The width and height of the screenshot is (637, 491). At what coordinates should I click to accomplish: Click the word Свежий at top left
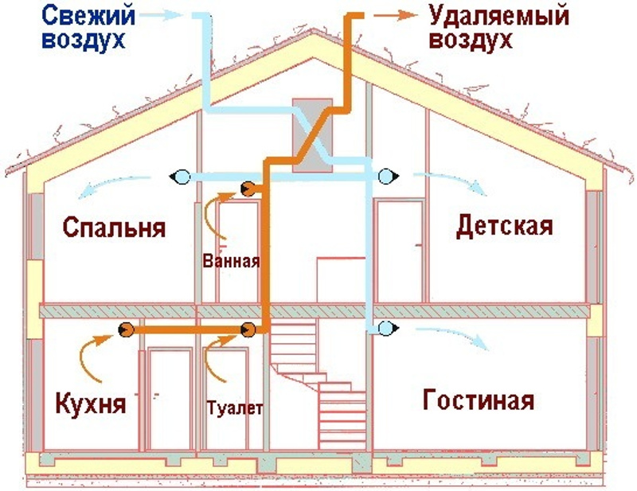click(88, 16)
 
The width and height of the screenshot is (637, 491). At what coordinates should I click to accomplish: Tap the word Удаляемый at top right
click(499, 16)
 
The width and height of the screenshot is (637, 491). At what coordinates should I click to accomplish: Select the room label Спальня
click(114, 227)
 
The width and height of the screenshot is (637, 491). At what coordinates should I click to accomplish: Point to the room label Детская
click(505, 226)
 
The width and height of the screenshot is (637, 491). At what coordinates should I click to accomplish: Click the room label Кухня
click(90, 403)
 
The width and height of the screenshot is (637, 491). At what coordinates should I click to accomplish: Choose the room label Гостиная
click(479, 399)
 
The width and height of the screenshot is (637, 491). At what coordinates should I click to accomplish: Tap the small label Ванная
click(231, 261)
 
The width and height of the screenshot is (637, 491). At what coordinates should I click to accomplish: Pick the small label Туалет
click(235, 408)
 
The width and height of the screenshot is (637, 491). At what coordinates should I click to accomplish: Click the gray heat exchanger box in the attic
click(312, 134)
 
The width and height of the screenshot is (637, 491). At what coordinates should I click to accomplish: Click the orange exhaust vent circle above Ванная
click(248, 189)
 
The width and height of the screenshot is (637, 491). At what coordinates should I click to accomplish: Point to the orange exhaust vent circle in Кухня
click(127, 329)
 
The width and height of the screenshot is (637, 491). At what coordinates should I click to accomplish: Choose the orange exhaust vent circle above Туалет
click(248, 329)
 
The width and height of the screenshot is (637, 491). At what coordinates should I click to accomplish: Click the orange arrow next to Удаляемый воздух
click(395, 15)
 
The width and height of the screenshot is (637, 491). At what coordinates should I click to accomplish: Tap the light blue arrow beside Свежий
click(161, 15)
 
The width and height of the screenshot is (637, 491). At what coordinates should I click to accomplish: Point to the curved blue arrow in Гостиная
click(451, 337)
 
